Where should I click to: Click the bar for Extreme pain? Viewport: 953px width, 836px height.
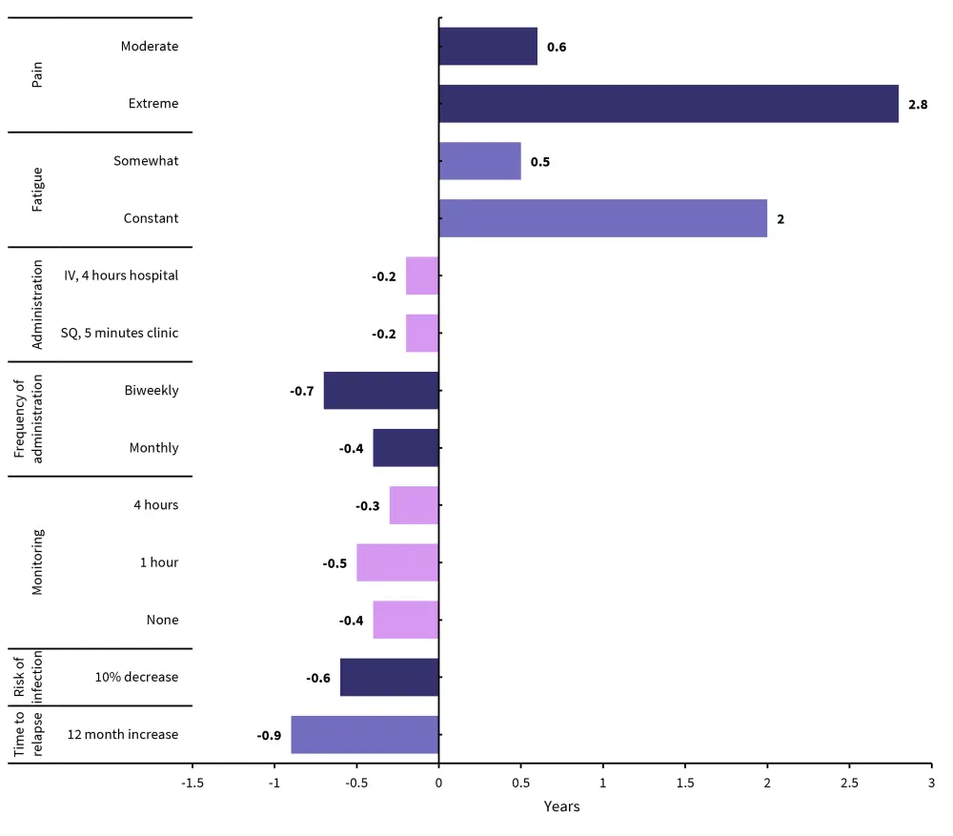(668, 104)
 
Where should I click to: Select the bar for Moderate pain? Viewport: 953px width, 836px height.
(488, 47)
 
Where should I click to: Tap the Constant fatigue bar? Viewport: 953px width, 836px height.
(602, 218)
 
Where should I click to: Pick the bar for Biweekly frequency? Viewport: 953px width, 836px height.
(381, 391)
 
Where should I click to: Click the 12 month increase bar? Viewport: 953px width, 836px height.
(365, 735)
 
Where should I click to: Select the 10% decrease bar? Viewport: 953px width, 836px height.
(389, 678)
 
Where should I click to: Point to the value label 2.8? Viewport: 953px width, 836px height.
(918, 105)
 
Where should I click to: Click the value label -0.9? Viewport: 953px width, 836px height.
(269, 736)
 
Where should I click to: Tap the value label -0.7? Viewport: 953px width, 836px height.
(302, 392)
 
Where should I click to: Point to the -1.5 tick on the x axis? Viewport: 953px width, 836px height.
(193, 783)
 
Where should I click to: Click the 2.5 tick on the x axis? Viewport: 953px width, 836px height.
(849, 783)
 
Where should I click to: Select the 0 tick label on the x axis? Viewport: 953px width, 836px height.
(438, 783)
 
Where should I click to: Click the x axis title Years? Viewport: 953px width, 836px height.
(561, 806)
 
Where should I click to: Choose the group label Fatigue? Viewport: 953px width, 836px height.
(38, 190)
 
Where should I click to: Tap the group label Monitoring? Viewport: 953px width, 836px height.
(38, 562)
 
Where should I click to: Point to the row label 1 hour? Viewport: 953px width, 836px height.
(159, 562)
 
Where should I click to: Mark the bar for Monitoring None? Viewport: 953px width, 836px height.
(406, 621)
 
